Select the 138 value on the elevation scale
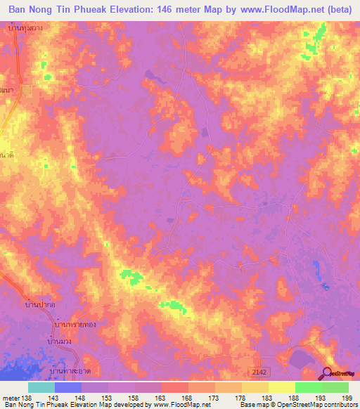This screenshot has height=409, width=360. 27,398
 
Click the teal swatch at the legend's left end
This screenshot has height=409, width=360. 41,387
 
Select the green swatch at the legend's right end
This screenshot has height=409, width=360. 335,387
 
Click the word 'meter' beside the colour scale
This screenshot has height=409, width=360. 11,398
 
